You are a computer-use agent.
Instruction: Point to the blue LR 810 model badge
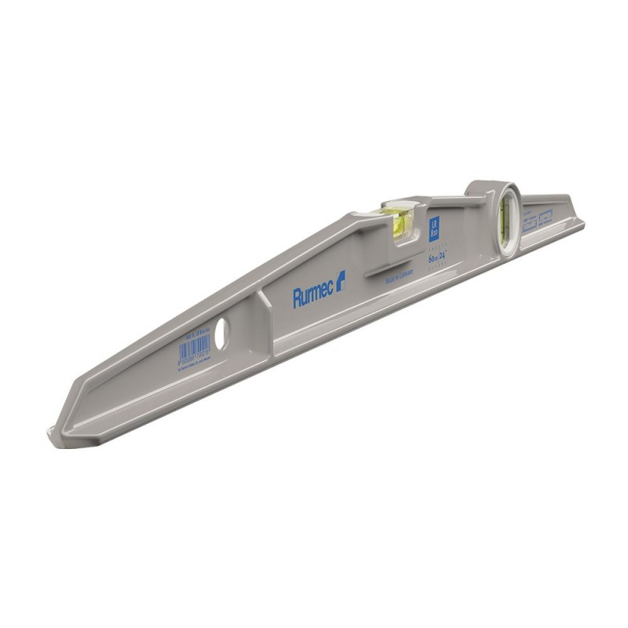[x=434, y=228]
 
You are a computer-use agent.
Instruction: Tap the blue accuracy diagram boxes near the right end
[x=538, y=219]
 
